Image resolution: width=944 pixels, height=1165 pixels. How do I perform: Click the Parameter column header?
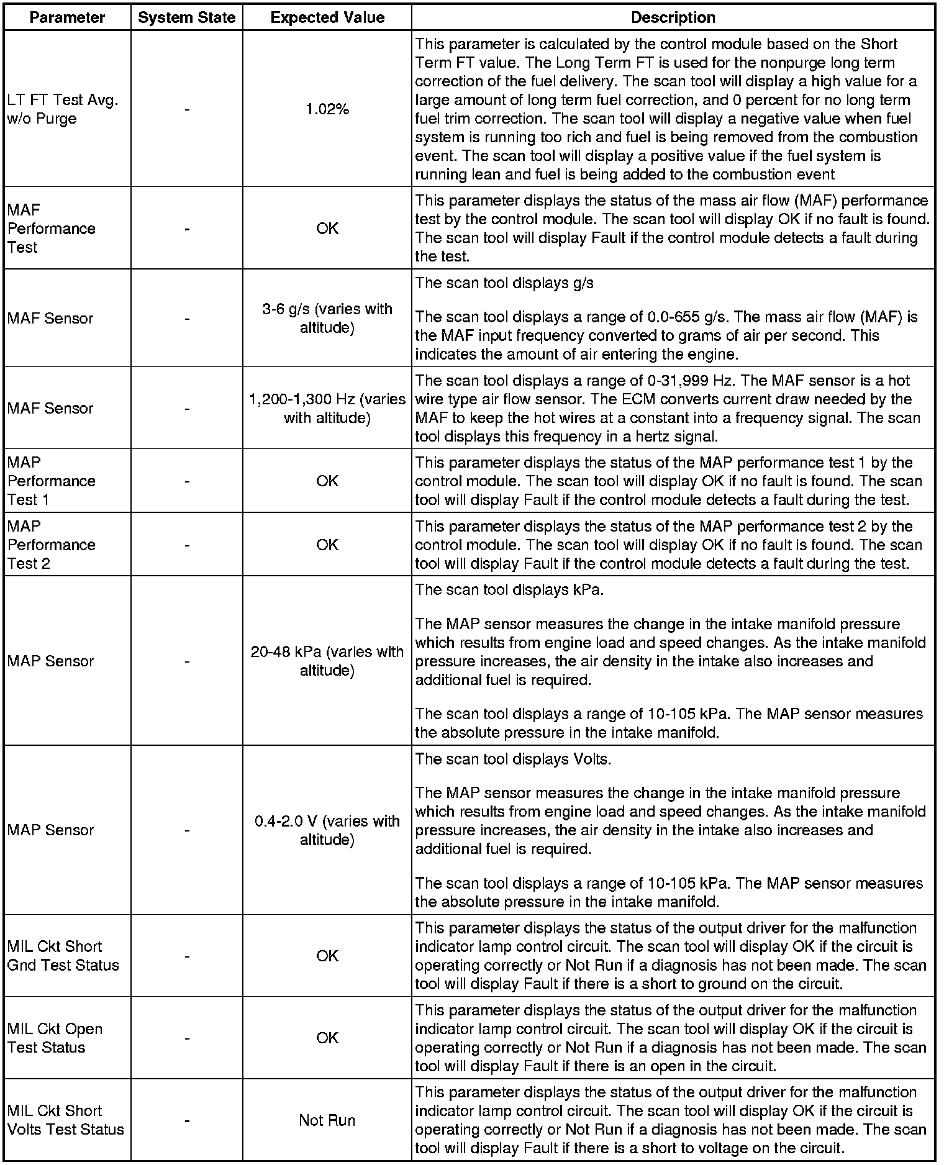67,17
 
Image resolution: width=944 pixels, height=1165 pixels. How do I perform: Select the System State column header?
187,17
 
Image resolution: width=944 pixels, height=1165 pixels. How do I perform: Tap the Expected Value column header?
327,17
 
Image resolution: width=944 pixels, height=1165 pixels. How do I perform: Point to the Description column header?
673,17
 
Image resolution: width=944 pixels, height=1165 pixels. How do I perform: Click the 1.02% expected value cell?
327,109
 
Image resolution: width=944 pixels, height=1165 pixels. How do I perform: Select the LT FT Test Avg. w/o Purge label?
63,109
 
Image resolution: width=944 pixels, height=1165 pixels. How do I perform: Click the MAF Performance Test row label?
52,229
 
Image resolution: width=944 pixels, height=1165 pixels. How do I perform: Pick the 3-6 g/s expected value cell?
327,318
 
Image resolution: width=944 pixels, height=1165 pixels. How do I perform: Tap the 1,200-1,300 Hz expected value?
327,408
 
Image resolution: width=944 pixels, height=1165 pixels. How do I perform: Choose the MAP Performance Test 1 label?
52,481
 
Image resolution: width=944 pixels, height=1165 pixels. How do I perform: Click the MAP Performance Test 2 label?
52,545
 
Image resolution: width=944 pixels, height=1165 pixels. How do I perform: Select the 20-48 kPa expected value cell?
327,661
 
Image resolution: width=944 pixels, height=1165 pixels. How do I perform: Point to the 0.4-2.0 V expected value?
327,830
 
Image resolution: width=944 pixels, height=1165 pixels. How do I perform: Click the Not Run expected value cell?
327,1120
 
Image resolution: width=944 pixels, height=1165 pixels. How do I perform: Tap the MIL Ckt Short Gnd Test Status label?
63,955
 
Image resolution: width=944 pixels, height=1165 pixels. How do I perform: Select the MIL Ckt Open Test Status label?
55,1038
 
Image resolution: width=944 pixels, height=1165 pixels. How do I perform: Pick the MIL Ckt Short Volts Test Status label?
65,1120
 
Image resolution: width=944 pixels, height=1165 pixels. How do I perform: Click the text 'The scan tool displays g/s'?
504,283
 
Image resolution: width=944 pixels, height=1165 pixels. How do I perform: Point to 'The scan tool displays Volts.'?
513,759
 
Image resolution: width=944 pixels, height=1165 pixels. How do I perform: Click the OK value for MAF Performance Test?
327,229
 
